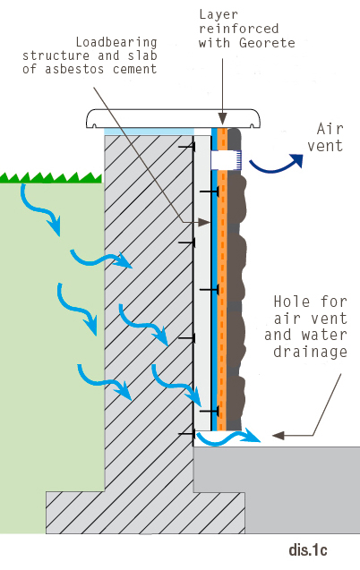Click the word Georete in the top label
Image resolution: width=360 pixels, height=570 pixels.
click(267, 43)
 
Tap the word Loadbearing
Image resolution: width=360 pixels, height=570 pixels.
click(116, 43)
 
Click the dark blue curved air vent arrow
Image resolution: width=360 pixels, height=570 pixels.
click(276, 164)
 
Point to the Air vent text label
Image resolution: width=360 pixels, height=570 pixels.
click(325, 137)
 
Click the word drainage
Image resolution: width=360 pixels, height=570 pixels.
click(310, 352)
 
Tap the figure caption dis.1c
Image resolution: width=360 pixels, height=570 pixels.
click(308, 550)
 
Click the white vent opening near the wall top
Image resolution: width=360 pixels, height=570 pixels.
click(226, 160)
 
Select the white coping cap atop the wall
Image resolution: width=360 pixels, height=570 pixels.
click(174, 118)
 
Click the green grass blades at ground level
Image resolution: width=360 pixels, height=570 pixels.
click(50, 177)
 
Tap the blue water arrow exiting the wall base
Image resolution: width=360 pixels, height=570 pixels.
click(228, 437)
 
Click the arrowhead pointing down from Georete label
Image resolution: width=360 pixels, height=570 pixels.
click(223, 119)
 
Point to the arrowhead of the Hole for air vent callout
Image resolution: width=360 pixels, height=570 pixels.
click(279, 435)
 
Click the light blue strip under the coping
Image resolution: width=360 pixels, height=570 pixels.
click(149, 132)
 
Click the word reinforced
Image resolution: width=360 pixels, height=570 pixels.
click(239, 29)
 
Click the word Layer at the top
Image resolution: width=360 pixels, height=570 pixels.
click(219, 14)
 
